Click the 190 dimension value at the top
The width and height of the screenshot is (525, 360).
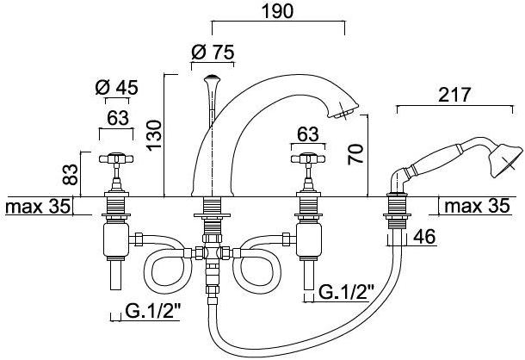(x=278, y=11)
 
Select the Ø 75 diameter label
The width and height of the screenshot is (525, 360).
(x=213, y=53)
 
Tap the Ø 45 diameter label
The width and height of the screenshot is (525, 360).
(x=116, y=88)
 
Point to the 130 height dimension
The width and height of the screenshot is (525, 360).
(x=154, y=134)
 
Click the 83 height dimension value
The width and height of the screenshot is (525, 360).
(x=71, y=175)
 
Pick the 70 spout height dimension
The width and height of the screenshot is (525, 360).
(x=355, y=154)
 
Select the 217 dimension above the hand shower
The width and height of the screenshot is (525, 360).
(x=454, y=95)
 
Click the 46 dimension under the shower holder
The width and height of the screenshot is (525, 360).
(x=424, y=237)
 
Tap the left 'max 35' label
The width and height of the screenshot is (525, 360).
(x=38, y=206)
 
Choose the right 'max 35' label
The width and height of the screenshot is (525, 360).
(x=477, y=206)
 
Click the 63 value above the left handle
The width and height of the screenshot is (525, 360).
(x=118, y=118)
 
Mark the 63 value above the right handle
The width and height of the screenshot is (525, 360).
(x=308, y=134)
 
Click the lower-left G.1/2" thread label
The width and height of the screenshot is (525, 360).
(x=153, y=311)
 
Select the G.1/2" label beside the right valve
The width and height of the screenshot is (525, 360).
(x=346, y=292)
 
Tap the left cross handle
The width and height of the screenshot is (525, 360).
(x=116, y=158)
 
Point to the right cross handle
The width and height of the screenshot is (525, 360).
(x=308, y=158)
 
